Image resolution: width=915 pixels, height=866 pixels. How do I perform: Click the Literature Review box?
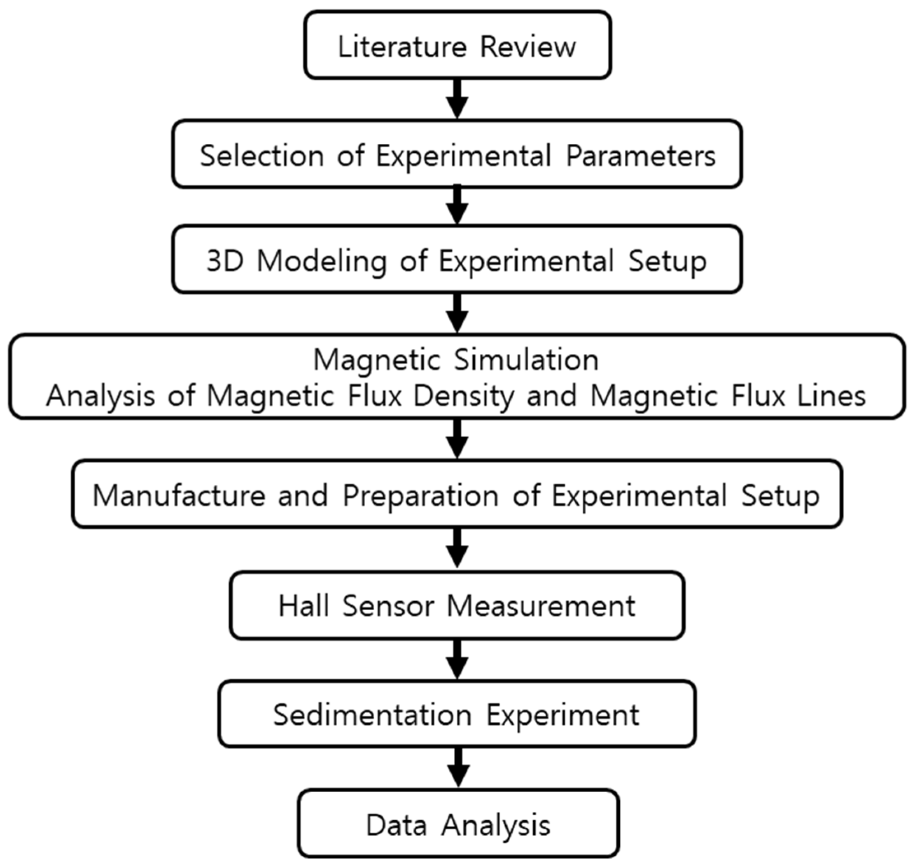pos(457,45)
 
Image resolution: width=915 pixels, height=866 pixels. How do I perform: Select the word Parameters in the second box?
pos(641,156)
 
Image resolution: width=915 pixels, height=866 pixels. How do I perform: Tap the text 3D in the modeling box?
pos(225,261)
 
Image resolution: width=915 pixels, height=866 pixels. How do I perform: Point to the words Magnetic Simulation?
pos(456,360)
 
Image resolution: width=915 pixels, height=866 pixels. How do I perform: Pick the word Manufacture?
pos(179,496)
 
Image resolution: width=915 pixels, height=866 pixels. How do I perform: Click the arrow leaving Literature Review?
pos(457,99)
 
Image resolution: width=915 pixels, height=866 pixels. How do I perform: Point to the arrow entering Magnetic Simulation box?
pos(457,314)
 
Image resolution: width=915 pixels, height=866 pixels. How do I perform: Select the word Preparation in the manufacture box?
pos(420,496)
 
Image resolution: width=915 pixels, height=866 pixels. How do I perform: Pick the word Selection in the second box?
pos(262,156)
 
